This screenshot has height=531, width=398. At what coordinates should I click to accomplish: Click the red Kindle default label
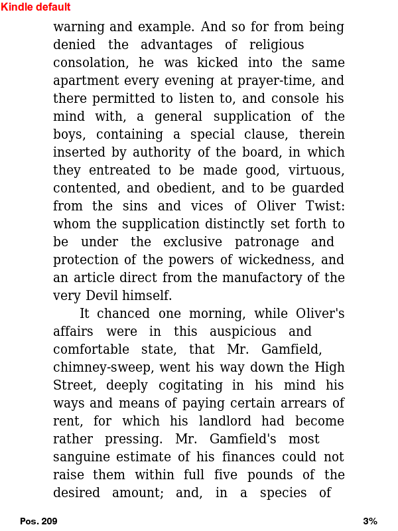coord(36,7)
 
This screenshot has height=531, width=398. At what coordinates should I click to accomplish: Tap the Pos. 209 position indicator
coord(38,521)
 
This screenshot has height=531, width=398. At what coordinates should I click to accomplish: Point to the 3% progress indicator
coord(370,521)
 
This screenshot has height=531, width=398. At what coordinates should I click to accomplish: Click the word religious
coord(277,45)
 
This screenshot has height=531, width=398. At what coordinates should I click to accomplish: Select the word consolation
coord(90,63)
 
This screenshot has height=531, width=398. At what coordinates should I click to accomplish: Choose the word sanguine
coord(82,457)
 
